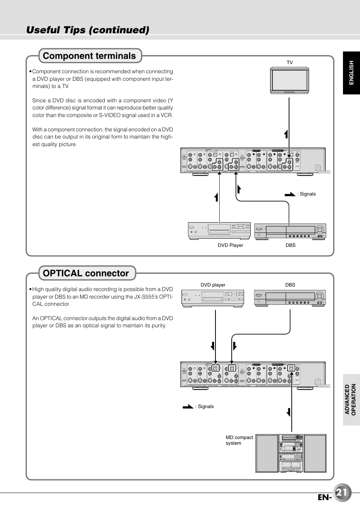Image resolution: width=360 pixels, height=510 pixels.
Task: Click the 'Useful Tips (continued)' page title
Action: (88, 30)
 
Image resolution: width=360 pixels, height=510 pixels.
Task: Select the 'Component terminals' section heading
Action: (89, 56)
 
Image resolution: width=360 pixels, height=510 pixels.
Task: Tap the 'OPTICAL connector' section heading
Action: (86, 273)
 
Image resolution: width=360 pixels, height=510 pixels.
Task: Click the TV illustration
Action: (289, 80)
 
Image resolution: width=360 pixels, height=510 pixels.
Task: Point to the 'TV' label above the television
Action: (289, 63)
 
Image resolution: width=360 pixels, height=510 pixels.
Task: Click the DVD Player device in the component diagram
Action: (219, 230)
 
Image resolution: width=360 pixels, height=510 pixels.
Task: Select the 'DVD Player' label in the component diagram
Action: (230, 245)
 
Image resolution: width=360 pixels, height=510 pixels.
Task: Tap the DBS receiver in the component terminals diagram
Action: (290, 231)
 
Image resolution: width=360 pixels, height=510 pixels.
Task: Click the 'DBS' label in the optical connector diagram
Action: (290, 285)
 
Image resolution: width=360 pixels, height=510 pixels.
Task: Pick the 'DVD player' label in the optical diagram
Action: (213, 285)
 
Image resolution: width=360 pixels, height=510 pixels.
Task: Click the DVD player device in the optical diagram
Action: (213, 298)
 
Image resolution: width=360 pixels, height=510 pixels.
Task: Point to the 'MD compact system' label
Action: (239, 440)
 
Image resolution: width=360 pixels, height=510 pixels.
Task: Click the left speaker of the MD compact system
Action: (267, 453)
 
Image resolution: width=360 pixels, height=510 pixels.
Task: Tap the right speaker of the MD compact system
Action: (315, 453)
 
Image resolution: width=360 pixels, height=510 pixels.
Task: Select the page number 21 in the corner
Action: (342, 493)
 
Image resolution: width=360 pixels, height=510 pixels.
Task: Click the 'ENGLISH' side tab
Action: (351, 72)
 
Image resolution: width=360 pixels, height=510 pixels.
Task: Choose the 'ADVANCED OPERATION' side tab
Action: (351, 399)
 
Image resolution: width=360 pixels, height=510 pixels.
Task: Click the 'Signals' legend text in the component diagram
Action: (308, 194)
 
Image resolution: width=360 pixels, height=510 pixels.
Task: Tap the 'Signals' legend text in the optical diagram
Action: (206, 407)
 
